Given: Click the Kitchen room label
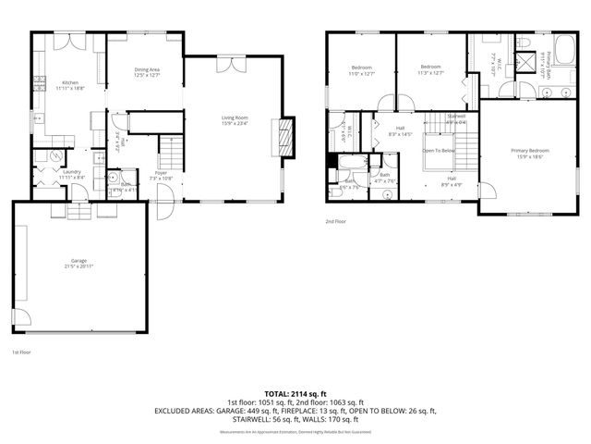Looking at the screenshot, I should pyautogui.click(x=69, y=84).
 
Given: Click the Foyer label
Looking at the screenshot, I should pyautogui.click(x=161, y=174).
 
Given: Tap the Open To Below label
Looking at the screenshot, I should pyautogui.click(x=440, y=150).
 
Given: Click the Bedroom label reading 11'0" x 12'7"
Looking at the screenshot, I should pyautogui.click(x=361, y=70).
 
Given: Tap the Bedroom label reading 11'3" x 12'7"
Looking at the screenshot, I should pyautogui.click(x=430, y=70).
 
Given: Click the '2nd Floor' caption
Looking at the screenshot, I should pyautogui.click(x=335, y=222).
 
